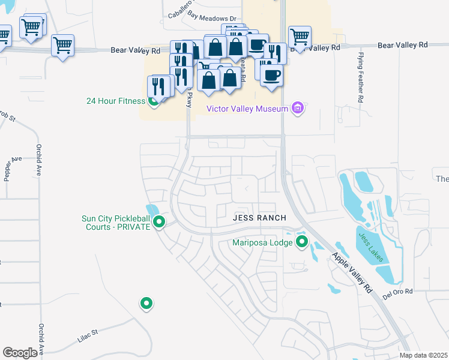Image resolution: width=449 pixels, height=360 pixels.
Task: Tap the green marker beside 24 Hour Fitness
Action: tap(154, 101)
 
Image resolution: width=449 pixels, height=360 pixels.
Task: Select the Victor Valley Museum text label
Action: tap(247, 109)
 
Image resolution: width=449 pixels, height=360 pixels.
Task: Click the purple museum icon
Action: tap(297, 109)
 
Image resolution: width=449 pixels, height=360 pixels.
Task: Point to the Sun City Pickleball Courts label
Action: tap(115, 223)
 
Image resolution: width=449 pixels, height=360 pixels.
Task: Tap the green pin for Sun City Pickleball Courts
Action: tap(160, 223)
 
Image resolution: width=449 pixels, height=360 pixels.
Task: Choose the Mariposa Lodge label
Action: tap(262, 243)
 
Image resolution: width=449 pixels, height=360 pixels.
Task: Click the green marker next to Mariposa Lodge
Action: tap(302, 242)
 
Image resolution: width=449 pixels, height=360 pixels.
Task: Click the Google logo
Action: tap(20, 352)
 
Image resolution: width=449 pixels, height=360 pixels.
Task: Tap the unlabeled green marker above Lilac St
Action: tap(146, 304)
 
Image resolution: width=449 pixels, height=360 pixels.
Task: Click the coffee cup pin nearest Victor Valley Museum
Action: tap(272, 76)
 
